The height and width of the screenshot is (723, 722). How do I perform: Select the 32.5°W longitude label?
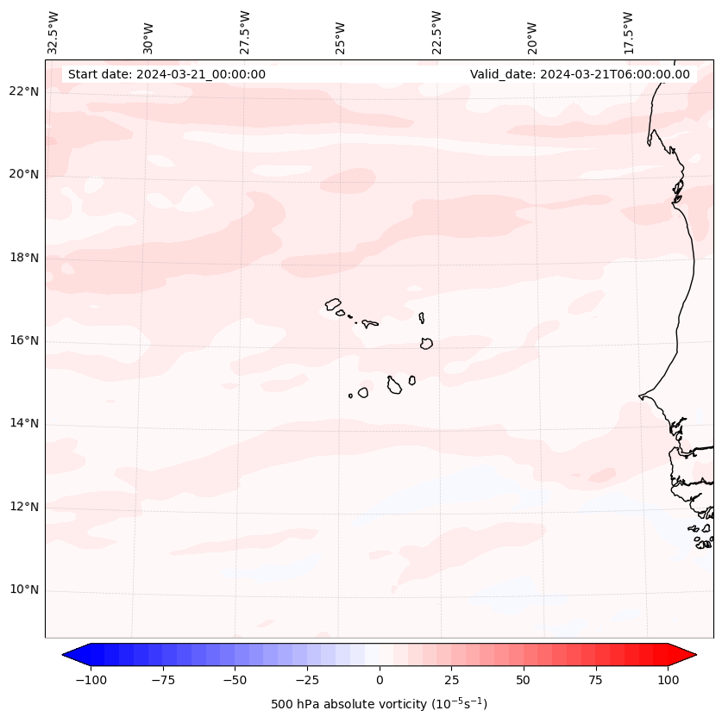coord(53,32)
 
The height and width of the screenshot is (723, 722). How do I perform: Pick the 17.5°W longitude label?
coord(628,32)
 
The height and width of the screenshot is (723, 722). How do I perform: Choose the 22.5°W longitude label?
coord(436,32)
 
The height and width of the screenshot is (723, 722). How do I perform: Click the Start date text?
coord(166,74)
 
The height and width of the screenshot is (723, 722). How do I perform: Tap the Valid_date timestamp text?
coord(580,74)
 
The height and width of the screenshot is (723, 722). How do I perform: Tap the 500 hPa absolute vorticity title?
coord(380,704)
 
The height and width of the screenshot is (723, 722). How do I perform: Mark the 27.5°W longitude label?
coord(245,32)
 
